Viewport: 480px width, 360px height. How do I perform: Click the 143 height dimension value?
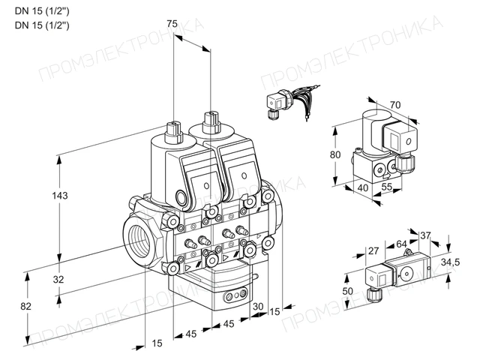pyautogui.click(x=60, y=195)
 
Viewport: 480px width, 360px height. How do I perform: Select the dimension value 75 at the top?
pyautogui.click(x=172, y=23)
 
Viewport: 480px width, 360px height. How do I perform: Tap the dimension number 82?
pyautogui.click(x=25, y=306)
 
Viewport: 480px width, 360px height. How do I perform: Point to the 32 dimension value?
pyautogui.click(x=58, y=279)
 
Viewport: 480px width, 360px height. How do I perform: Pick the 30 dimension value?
pyautogui.click(x=258, y=306)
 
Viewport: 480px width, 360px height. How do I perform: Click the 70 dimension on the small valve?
pyautogui.click(x=395, y=105)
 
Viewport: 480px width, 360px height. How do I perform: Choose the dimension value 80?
pyautogui.click(x=335, y=154)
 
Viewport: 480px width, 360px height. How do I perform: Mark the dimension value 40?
pyautogui.click(x=363, y=187)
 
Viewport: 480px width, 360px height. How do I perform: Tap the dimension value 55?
pyautogui.click(x=387, y=186)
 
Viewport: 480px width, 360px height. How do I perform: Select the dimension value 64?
pyautogui.click(x=401, y=244)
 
